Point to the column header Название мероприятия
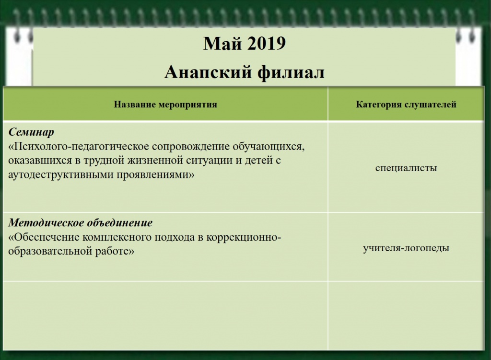[165, 105]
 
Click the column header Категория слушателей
[406, 105]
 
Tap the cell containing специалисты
[406, 168]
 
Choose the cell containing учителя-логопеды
[406, 248]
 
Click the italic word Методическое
[47, 223]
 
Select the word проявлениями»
[156, 175]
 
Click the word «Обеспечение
[44, 237]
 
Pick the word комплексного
[114, 237]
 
